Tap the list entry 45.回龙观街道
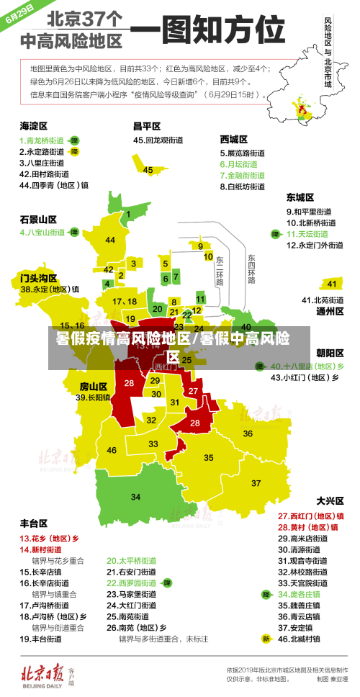(158, 140)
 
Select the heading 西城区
(233, 139)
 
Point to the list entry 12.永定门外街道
(315, 245)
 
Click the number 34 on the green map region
(135, 497)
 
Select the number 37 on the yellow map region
(256, 482)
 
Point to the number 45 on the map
(148, 170)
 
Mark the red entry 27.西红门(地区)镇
(310, 516)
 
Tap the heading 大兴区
(330, 500)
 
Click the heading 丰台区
(33, 523)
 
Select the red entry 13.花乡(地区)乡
(49, 538)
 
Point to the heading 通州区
(330, 311)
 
